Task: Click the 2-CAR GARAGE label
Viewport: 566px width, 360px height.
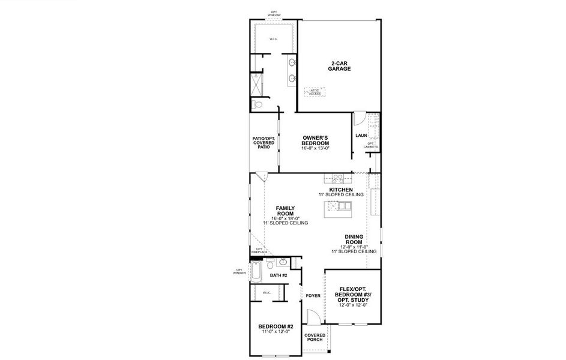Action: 339,66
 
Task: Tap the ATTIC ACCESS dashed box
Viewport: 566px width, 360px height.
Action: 315,92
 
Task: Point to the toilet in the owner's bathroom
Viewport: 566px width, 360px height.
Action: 258,105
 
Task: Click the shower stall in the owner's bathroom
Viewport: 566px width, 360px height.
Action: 257,84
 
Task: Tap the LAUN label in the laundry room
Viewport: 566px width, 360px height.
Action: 361,136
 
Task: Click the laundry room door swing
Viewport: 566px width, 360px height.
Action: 359,117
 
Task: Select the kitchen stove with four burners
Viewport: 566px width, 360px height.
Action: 337,178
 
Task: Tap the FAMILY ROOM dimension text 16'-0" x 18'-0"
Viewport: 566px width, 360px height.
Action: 285,218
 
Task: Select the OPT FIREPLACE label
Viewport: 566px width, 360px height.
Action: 259,251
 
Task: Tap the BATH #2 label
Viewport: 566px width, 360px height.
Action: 279,275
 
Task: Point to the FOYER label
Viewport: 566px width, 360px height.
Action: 313,295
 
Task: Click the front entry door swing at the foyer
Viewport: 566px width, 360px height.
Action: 312,317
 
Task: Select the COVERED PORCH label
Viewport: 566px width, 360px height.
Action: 315,337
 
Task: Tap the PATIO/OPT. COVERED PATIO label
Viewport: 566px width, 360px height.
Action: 264,142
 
